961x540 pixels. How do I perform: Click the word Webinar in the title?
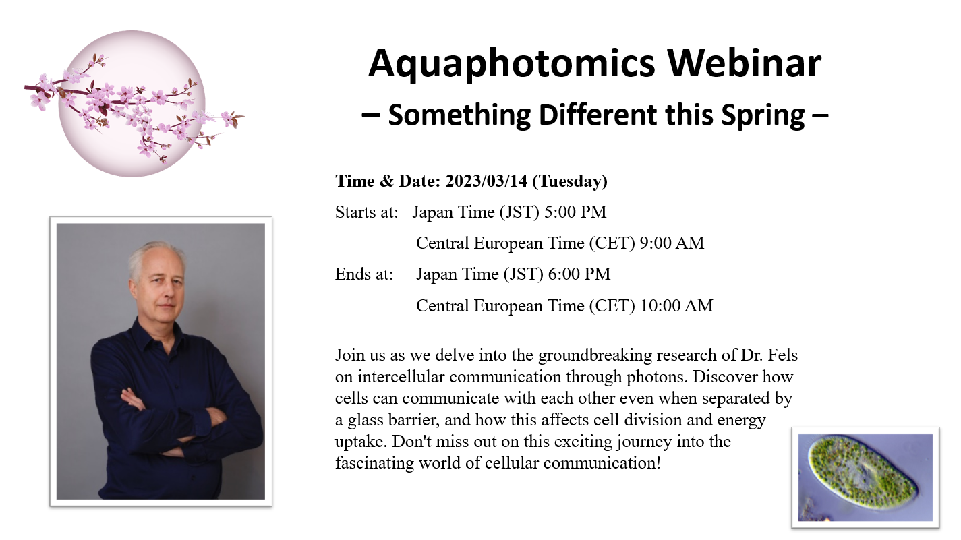click(x=745, y=63)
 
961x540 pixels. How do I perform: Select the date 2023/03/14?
click(x=486, y=181)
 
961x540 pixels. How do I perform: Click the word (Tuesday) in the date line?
click(x=570, y=181)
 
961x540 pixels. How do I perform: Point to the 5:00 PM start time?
click(x=575, y=212)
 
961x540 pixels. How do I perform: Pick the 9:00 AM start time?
click(x=672, y=243)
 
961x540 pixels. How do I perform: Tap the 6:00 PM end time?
click(x=579, y=274)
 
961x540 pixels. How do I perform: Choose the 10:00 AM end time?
click(x=676, y=306)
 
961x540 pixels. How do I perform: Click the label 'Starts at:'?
click(x=366, y=212)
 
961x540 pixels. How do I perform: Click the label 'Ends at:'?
click(x=363, y=274)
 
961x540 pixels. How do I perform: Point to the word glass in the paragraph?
click(x=366, y=420)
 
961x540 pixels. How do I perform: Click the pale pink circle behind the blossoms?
click(x=132, y=104)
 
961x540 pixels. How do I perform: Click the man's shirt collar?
click(x=158, y=330)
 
